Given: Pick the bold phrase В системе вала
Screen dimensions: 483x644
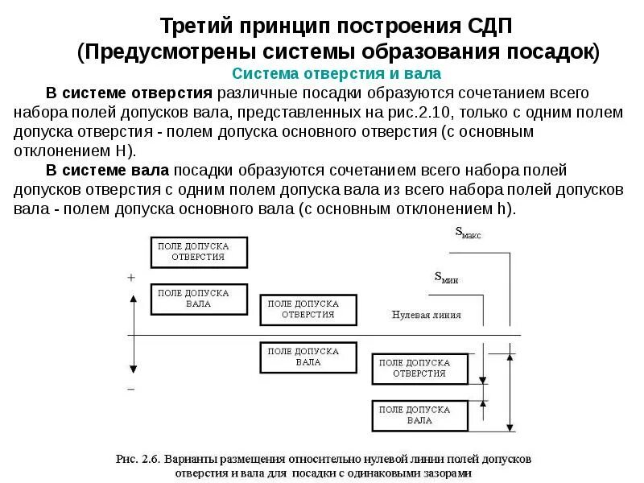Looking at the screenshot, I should (107, 171).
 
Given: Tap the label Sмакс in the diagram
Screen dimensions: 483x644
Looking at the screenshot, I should (468, 233).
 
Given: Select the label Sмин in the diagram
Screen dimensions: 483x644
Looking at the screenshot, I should (447, 278).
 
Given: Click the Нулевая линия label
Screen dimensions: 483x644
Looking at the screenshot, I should (427, 315).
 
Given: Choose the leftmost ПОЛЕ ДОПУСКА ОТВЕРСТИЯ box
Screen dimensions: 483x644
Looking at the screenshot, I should (199, 252).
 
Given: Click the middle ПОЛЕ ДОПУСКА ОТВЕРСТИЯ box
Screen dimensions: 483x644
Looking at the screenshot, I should (308, 309).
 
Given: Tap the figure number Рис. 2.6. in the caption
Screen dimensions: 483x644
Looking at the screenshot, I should (138, 460).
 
